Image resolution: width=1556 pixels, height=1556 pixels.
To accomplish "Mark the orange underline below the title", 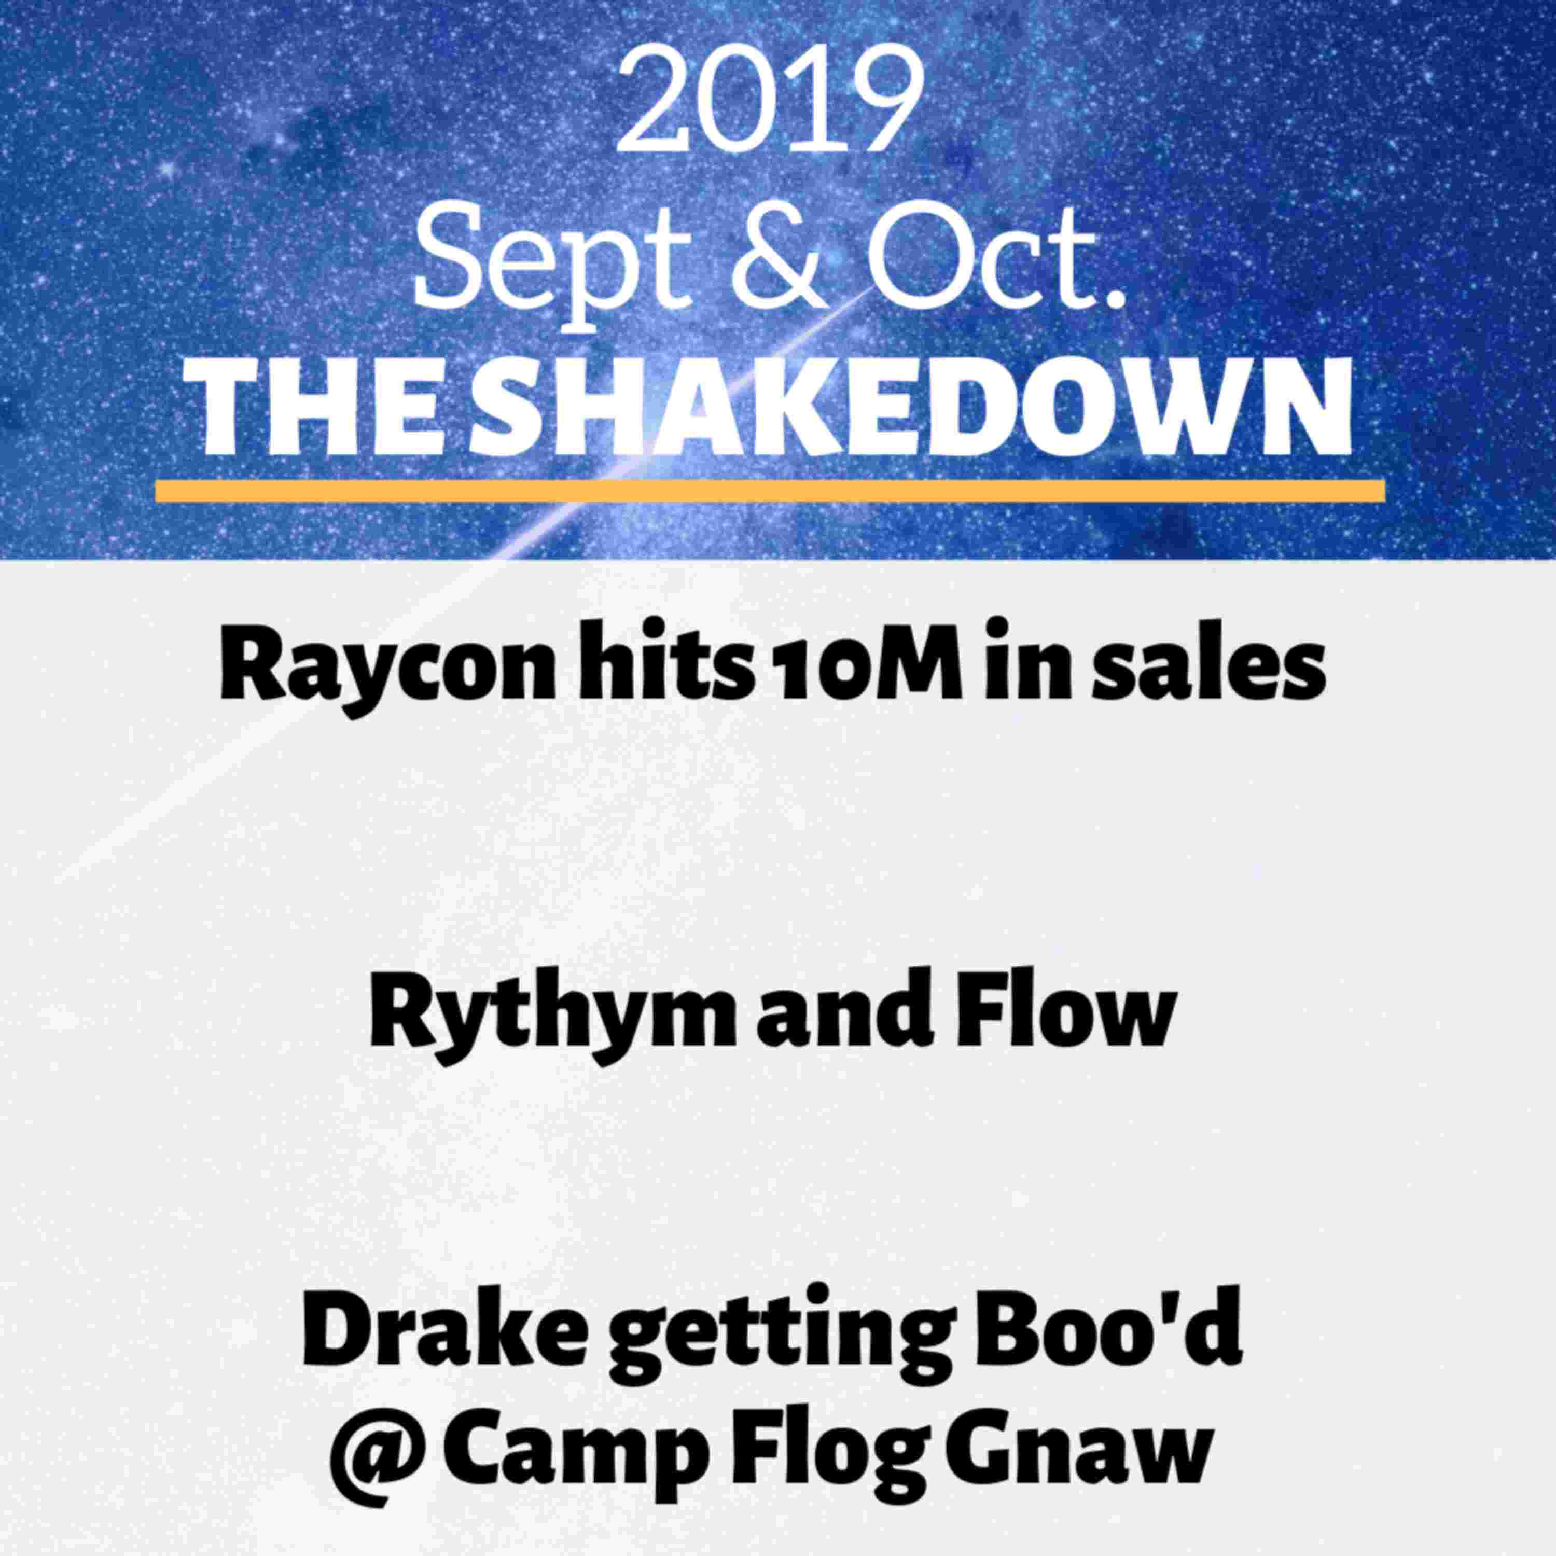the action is (770, 491).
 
